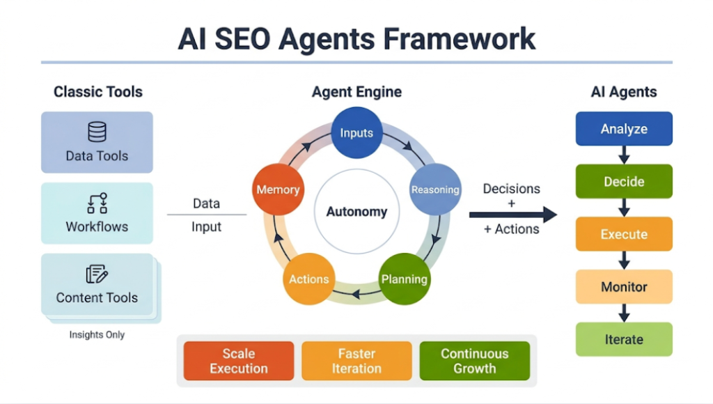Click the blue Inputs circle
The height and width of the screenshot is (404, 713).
tap(356, 132)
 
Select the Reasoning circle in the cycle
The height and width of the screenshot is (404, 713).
tap(435, 189)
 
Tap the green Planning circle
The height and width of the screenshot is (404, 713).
tap(404, 279)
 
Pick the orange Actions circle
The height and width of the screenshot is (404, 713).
tap(308, 279)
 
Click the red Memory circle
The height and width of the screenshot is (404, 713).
tap(278, 189)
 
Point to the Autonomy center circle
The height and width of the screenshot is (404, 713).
tap(356, 212)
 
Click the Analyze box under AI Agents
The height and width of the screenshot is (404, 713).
tap(624, 129)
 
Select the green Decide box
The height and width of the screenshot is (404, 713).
tap(624, 182)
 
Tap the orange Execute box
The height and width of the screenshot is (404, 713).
tap(624, 234)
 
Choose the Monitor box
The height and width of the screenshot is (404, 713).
tap(624, 286)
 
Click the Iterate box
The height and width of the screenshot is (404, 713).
tap(624, 339)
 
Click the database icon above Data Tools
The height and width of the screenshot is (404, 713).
tap(97, 132)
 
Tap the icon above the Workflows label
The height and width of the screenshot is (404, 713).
tap(97, 203)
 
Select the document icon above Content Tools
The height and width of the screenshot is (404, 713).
tap(97, 274)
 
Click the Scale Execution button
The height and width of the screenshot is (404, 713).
tap(238, 361)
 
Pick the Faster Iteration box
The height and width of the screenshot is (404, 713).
tap(356, 361)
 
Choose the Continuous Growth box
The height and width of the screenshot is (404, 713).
tap(474, 361)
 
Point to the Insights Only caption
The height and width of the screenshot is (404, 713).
tap(97, 335)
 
